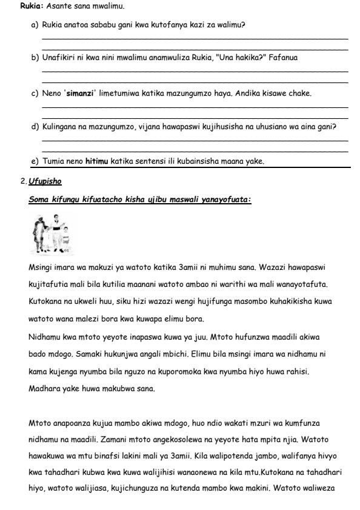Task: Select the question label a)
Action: coord(35,25)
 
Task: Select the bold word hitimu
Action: coord(96,161)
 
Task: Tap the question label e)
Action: coord(35,161)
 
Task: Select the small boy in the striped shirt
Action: coord(65,238)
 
